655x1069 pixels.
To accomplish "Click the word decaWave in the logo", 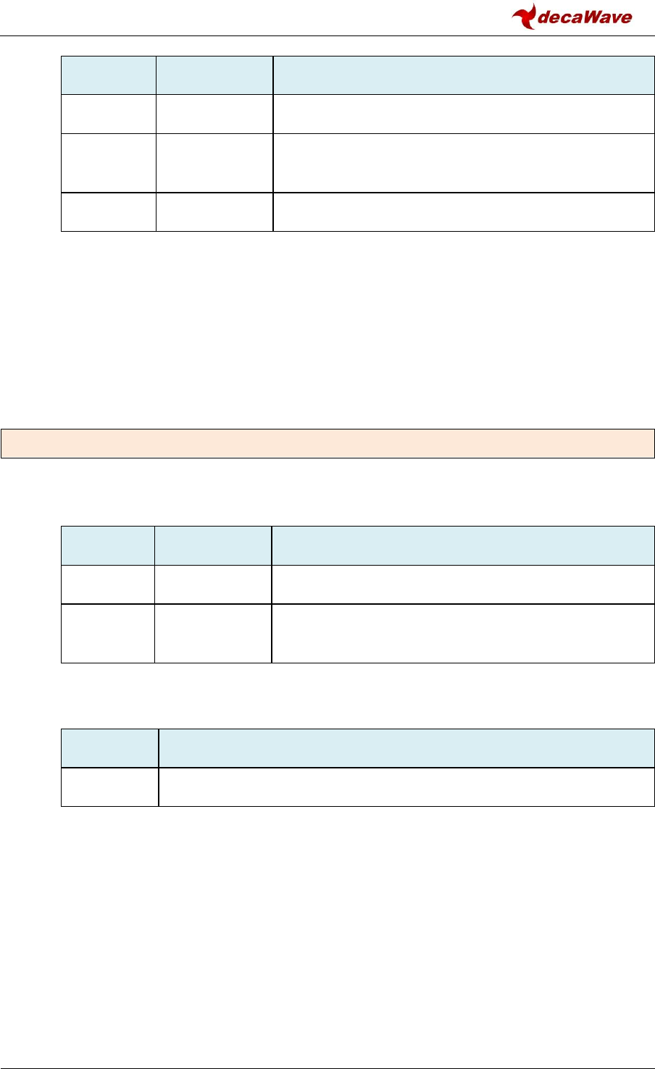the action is [585, 18].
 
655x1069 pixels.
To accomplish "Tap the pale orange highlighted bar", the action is [327, 444].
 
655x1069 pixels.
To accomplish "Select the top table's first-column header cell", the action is [108, 75].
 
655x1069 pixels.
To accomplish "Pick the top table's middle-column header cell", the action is [214, 75].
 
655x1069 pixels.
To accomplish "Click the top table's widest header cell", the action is [464, 75].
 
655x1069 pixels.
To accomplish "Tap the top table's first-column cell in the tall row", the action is [108, 163].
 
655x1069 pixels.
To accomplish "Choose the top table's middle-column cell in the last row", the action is [214, 212].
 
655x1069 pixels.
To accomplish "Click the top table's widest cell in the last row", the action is [464, 212].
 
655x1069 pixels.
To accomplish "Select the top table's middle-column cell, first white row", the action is [214, 114].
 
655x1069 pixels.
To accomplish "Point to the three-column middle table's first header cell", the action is [107, 545].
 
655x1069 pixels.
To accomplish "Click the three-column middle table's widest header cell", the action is [463, 545].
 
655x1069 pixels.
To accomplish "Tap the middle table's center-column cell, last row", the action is [213, 634].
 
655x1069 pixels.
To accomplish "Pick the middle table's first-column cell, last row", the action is [107, 634].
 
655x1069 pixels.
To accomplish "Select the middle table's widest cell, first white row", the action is [463, 584].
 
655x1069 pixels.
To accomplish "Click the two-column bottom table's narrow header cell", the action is [109, 748].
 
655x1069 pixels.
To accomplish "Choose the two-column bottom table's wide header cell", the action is [406, 748].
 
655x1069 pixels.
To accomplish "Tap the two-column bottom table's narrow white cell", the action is [109, 787].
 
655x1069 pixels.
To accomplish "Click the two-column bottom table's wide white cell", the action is [406, 787].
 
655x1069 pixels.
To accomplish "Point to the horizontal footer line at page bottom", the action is [327, 1047].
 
